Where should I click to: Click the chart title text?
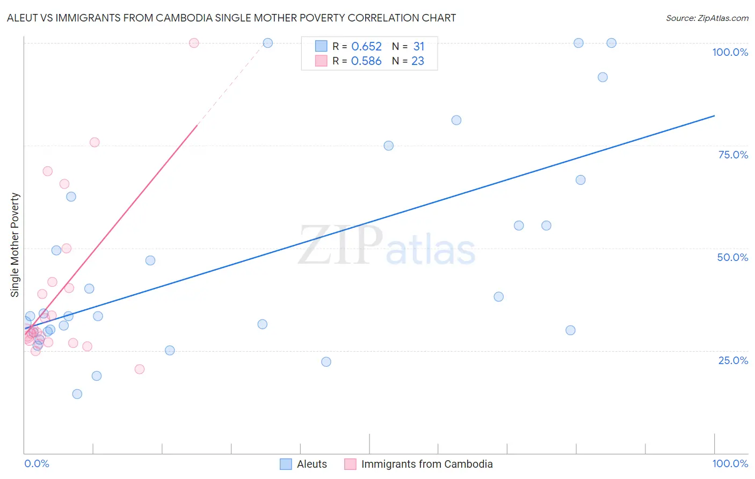pyautogui.click(x=231, y=18)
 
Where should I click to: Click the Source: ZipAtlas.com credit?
pyautogui.click(x=707, y=18)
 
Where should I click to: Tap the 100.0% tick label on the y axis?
pyautogui.click(x=730, y=52)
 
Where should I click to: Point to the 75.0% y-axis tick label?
pyautogui.click(x=733, y=155)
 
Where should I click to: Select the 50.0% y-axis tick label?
pyautogui.click(x=732, y=257)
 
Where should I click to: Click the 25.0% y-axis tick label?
pyautogui.click(x=733, y=360)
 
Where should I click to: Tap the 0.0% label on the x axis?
pyautogui.click(x=37, y=463)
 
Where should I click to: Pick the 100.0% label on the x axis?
pyautogui.click(x=730, y=463)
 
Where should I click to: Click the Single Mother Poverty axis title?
pyautogui.click(x=15, y=245)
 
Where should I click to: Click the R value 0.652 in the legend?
pyautogui.click(x=366, y=47)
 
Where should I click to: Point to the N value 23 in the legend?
pyautogui.click(x=418, y=61)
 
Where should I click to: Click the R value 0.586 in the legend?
pyautogui.click(x=366, y=61)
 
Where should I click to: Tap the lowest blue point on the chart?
pyautogui.click(x=77, y=394)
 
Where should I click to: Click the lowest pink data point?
pyautogui.click(x=140, y=369)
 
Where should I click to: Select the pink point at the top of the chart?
pyautogui.click(x=194, y=43)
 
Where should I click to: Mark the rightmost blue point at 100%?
pyautogui.click(x=611, y=43)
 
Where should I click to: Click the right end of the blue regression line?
pyautogui.click(x=714, y=116)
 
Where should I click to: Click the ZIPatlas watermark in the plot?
pyautogui.click(x=387, y=246)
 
